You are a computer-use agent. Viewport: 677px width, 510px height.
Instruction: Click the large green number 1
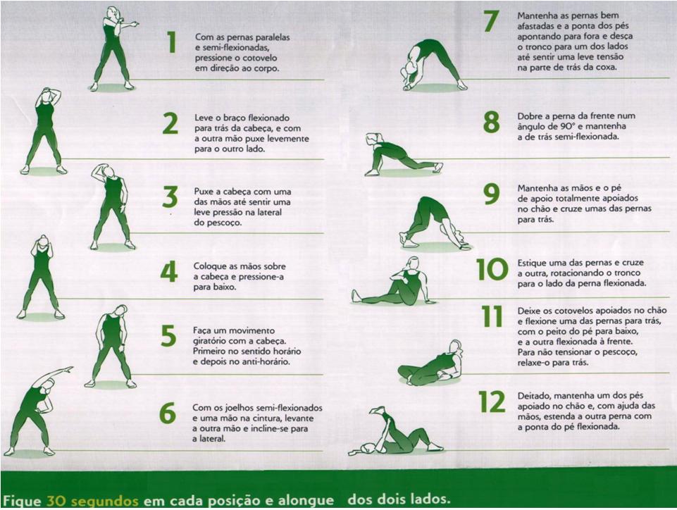pyautogui.click(x=171, y=43)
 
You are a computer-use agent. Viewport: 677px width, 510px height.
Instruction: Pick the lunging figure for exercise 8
pyautogui.click(x=402, y=155)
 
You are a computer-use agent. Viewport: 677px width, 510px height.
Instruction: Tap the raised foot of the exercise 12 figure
pyautogui.click(x=379, y=410)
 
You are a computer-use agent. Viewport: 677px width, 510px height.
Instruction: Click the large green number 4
pyautogui.click(x=169, y=272)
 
